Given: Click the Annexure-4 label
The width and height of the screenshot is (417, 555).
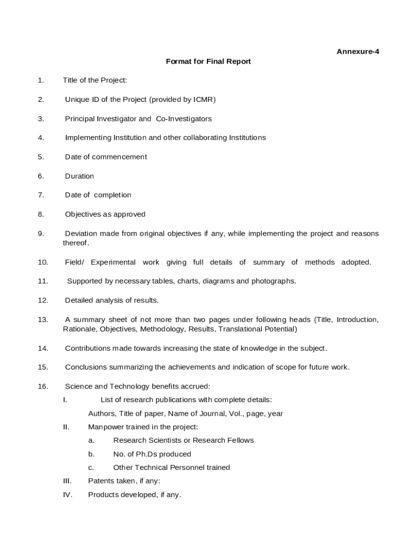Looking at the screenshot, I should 357,51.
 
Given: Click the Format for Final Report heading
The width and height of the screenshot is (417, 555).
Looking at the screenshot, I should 208,61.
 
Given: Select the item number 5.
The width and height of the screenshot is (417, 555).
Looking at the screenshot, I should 41,157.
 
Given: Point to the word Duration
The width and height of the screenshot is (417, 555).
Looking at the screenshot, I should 79,176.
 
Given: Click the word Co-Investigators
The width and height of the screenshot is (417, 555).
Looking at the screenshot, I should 184,119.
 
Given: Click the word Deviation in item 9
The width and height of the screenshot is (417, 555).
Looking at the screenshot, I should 81,234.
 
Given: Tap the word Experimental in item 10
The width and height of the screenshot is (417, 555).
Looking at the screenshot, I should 113,262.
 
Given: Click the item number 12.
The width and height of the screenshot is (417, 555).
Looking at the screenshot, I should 43,300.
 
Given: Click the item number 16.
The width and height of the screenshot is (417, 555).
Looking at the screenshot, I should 43,386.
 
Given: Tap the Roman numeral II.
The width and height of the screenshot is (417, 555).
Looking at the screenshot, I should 66,427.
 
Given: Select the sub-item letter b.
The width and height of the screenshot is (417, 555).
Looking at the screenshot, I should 92,454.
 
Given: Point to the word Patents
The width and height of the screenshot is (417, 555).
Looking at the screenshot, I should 101,481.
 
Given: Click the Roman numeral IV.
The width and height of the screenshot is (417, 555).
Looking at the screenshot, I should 67,494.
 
